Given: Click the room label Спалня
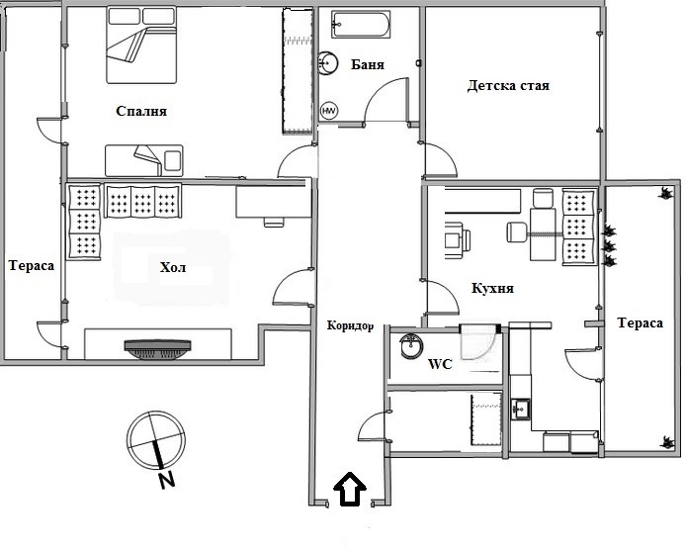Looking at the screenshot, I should [140, 112].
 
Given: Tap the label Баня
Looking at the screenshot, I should [367, 64].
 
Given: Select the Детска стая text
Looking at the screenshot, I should [508, 86].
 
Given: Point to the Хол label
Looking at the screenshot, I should [172, 268].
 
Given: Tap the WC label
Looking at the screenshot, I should [439, 364].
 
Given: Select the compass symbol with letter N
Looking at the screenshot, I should [155, 440].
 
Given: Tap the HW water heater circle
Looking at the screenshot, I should [329, 111].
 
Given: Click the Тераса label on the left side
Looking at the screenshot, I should [31, 265].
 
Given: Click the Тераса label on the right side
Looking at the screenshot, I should [640, 323].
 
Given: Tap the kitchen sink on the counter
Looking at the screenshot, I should [521, 407].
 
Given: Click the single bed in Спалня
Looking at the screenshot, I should [144, 158].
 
